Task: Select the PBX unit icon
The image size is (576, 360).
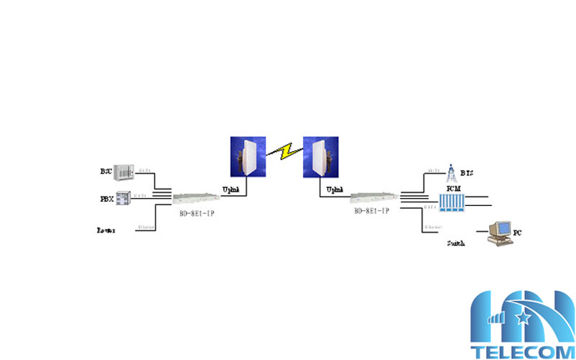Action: click(x=123, y=197)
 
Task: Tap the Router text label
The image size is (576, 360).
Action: click(x=107, y=230)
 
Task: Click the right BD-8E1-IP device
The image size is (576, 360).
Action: click(x=373, y=196)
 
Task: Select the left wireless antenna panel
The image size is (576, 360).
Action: click(x=246, y=157)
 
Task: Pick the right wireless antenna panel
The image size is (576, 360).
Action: click(x=321, y=157)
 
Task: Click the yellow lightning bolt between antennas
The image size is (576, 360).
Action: click(x=284, y=152)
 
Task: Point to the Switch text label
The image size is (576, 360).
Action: click(x=456, y=243)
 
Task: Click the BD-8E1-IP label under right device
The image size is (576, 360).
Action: click(x=372, y=211)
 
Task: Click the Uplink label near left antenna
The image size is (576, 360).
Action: click(x=230, y=188)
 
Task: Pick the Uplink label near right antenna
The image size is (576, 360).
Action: click(x=335, y=189)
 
